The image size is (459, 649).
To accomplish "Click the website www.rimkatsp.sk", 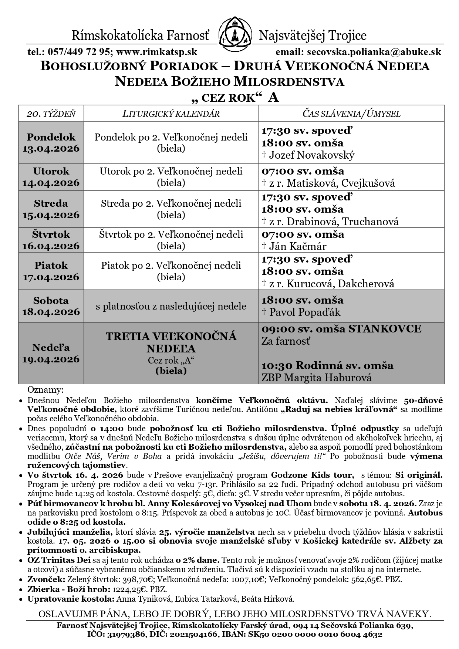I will [x=156, y=52].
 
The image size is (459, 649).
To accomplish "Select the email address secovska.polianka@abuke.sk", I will [x=372, y=52].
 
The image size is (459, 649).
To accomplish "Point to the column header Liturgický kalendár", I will [x=171, y=114].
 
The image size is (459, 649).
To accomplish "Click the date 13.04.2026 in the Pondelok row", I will [x=51, y=149].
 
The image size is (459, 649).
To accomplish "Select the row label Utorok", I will [x=51, y=171].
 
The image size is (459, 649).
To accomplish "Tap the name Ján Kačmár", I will [x=298, y=246].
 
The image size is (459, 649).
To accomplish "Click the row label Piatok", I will [x=51, y=266].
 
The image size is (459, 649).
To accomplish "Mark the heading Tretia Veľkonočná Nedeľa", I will [x=171, y=342].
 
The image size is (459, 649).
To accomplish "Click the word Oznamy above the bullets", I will [x=45, y=390].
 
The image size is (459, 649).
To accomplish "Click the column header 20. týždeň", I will [x=51, y=114].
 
